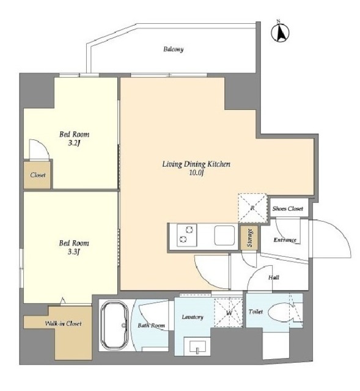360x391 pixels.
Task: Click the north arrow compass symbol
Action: click(280, 32)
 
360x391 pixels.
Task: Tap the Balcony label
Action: click(174, 49)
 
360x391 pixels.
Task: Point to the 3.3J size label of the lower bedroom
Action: click(74, 252)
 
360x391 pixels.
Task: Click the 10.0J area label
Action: click(197, 173)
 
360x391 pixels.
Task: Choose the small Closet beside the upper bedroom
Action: click(38, 175)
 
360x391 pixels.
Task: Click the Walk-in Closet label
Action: click(63, 324)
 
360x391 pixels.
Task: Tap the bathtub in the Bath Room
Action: click(114, 325)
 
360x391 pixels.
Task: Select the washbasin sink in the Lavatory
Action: click(197, 346)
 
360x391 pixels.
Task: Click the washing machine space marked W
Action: click(229, 313)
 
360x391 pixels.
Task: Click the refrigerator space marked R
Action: click(252, 208)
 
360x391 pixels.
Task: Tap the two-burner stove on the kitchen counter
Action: click(187, 235)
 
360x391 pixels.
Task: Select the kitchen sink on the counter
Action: click(224, 235)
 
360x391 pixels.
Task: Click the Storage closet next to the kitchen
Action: click(250, 238)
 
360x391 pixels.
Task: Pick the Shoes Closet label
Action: click(288, 208)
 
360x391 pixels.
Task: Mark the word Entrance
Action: click(285, 239)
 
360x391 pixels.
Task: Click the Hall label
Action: click(274, 277)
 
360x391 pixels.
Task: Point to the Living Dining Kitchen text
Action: click(196, 164)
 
